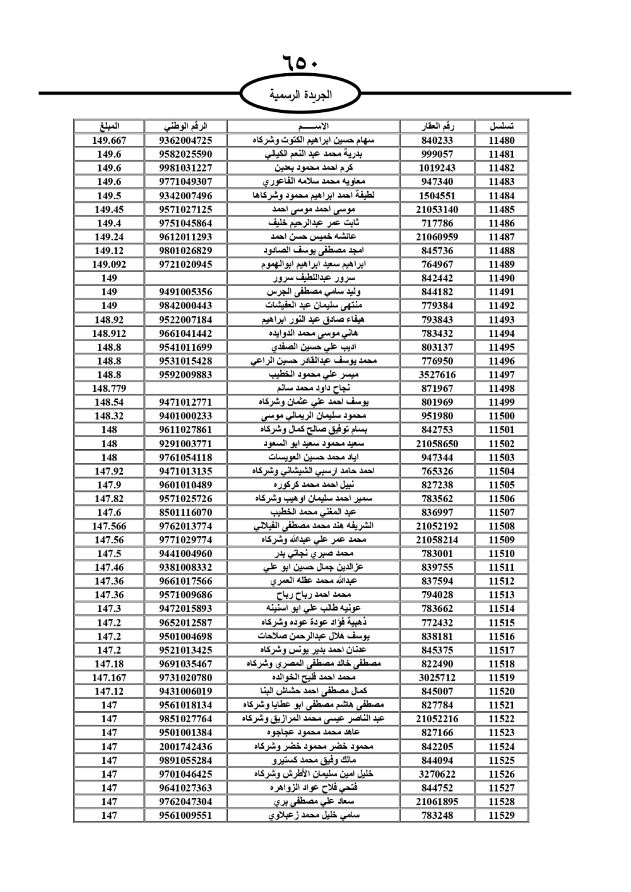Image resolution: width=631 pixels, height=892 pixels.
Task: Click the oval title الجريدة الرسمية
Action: [300, 95]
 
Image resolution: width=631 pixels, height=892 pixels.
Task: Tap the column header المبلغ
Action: [109, 126]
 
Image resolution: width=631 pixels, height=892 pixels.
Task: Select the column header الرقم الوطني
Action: [186, 126]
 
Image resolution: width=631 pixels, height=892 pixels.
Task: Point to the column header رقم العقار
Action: [437, 126]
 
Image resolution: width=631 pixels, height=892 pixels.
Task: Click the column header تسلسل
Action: [501, 126]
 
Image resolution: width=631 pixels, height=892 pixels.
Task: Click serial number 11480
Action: [501, 141]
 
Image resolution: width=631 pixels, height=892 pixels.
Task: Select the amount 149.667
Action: [109, 141]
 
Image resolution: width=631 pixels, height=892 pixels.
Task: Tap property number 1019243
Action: [437, 168]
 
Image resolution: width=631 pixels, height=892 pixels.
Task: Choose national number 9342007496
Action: [186, 196]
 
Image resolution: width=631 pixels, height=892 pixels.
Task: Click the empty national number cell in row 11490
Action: [186, 278]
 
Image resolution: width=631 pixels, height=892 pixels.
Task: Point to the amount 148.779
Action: [109, 389]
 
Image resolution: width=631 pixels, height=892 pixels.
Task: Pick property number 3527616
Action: [437, 375]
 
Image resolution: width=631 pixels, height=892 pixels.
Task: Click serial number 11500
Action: [501, 416]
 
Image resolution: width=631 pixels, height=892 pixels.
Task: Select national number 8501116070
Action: [186, 512]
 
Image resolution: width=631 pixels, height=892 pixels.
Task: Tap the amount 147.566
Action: [109, 526]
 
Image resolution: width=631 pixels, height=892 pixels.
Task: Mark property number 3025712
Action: [437, 678]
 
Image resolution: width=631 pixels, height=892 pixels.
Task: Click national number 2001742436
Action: [186, 746]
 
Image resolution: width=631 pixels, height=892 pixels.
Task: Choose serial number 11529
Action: [501, 815]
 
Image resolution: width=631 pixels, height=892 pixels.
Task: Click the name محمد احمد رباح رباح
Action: [314, 595]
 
